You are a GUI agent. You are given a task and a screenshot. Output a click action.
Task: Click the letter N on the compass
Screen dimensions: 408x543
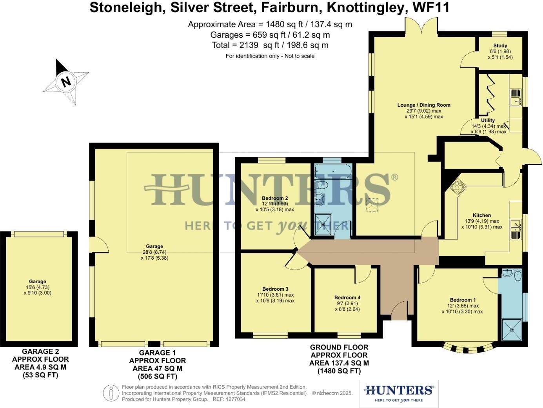tap(65, 82)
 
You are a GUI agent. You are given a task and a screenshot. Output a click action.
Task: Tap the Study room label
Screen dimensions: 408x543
tap(500, 46)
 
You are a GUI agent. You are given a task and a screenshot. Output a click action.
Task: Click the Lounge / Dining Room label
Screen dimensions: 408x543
tap(423, 105)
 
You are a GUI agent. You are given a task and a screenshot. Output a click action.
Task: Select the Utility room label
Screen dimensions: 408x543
tap(488, 120)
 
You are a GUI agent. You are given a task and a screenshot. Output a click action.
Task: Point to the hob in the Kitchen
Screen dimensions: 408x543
tap(457, 187)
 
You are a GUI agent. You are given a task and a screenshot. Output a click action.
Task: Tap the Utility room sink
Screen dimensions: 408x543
tap(515, 98)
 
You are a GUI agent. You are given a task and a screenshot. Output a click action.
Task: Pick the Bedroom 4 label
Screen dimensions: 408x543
tap(347, 297)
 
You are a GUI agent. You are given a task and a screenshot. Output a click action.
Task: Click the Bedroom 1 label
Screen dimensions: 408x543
tap(463, 300)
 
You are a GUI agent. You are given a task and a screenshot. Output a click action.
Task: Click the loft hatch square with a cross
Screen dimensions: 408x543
tap(372, 205)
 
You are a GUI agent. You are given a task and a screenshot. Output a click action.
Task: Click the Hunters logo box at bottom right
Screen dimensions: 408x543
tap(398, 393)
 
